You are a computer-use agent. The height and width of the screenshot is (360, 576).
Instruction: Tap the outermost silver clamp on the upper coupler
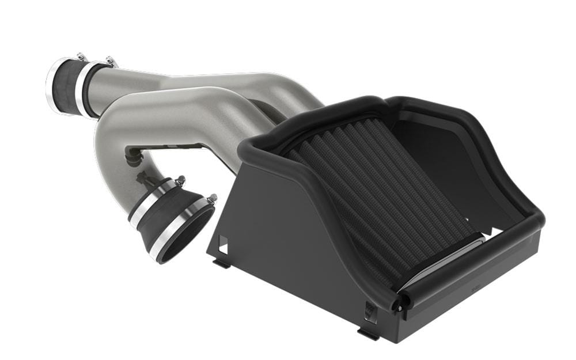click(x=52, y=86)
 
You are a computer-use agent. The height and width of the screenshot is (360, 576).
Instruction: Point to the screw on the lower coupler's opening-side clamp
click(x=212, y=199)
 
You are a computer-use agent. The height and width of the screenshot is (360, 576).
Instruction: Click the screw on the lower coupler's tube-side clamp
click(x=180, y=180)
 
